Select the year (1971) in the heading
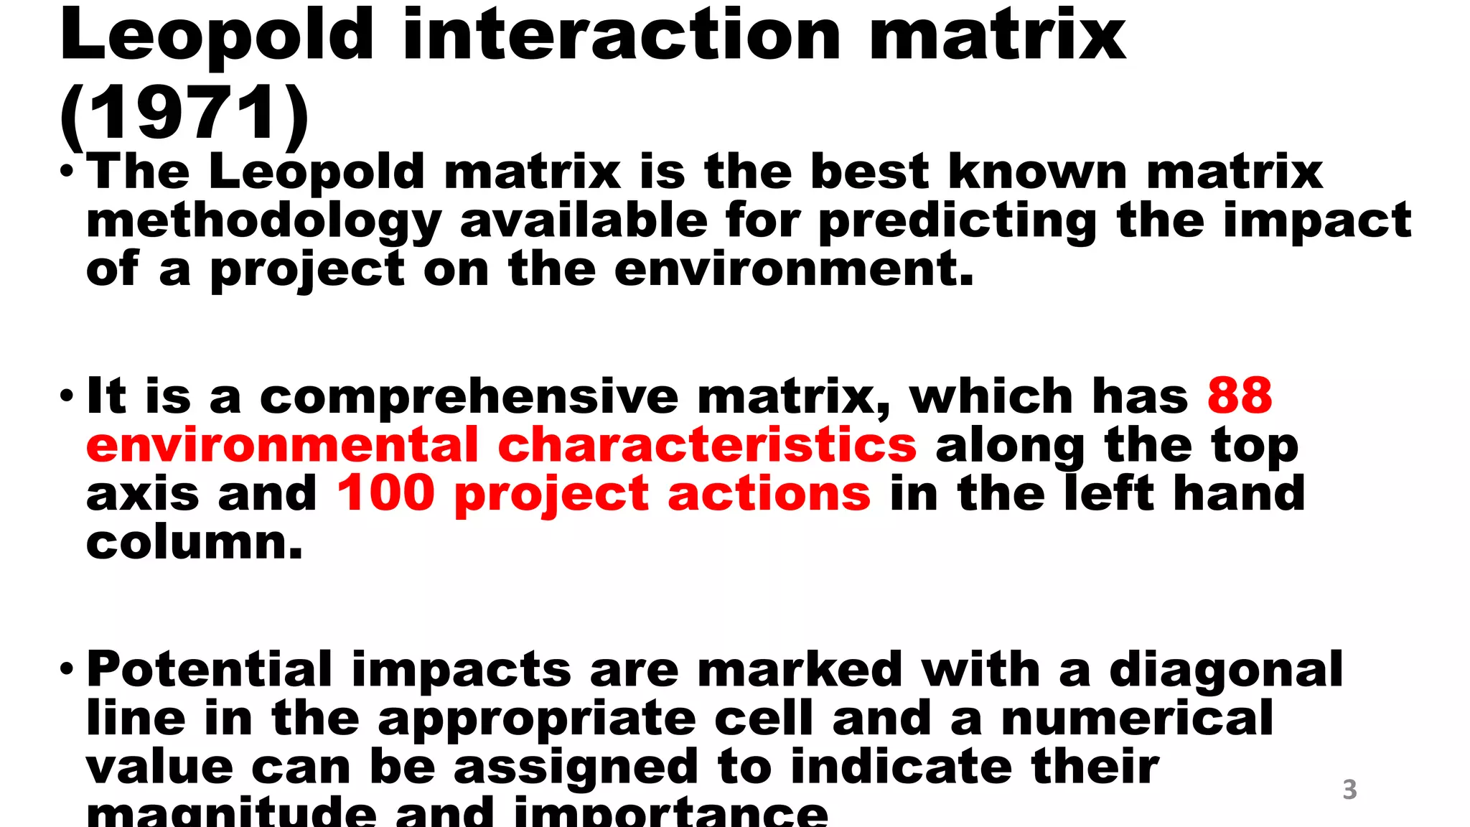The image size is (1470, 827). click(x=184, y=113)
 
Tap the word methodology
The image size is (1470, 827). click(x=263, y=221)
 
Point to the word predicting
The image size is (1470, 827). click(x=958, y=221)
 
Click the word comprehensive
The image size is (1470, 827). click(x=469, y=397)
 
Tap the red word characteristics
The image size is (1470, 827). click(x=707, y=445)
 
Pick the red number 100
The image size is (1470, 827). click(x=386, y=493)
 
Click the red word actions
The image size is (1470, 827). click(x=769, y=494)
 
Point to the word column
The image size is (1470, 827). click(x=194, y=542)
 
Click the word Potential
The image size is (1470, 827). click(x=209, y=670)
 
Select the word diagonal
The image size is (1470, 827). click(x=1225, y=670)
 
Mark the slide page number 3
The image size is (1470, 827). click(x=1349, y=790)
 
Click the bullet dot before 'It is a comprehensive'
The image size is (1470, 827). click(x=67, y=396)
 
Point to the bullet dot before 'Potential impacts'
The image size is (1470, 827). click(x=67, y=669)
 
